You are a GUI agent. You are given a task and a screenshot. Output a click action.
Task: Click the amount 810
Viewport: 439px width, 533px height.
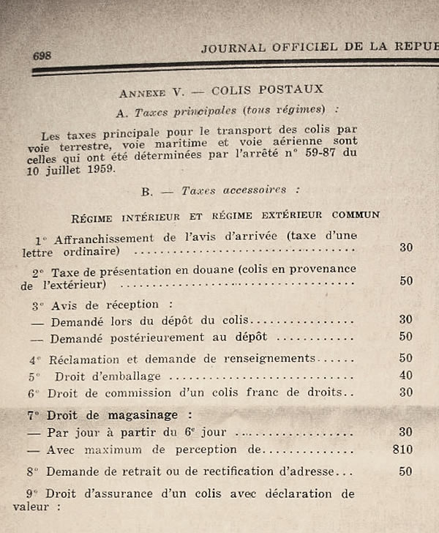point(402,449)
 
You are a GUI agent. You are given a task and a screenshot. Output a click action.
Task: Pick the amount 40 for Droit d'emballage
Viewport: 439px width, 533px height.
point(406,376)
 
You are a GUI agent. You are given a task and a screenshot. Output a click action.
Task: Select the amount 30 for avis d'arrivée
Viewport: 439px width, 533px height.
point(406,247)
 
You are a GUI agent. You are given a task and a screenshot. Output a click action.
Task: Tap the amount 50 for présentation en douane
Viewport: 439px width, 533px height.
point(406,280)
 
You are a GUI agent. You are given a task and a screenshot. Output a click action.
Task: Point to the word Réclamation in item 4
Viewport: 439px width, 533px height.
point(83,359)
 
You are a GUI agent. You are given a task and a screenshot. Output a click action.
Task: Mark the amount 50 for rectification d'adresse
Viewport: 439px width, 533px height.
point(406,472)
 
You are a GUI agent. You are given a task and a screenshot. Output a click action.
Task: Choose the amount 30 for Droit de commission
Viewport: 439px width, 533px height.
point(406,392)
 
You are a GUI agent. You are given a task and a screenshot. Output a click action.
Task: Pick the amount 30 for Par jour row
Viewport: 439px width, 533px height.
point(406,431)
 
